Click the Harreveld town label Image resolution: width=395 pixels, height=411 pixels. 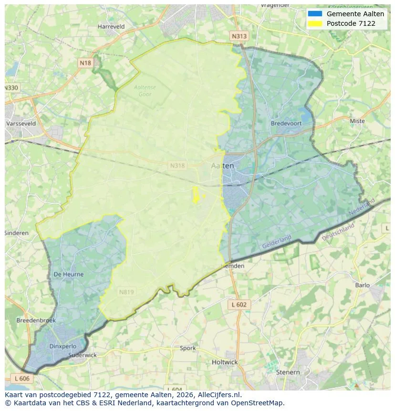(x=111, y=27)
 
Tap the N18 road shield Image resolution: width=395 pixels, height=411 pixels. (x=85, y=63)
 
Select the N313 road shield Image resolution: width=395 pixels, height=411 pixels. (x=239, y=36)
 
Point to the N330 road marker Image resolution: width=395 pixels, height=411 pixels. (x=11, y=88)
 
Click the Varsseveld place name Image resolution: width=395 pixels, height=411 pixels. (x=21, y=123)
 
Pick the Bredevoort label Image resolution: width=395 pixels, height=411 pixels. (x=286, y=123)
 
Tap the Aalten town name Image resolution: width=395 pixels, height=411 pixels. (x=222, y=166)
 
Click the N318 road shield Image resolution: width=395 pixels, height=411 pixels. (x=177, y=166)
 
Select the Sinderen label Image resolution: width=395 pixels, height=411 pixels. (x=17, y=233)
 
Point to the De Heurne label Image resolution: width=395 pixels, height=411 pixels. (x=69, y=274)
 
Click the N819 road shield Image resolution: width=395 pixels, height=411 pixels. (x=126, y=292)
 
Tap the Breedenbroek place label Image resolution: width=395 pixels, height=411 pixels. (x=36, y=320)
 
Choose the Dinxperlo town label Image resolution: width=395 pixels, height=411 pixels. (x=62, y=347)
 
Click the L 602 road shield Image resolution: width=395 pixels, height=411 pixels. (x=239, y=305)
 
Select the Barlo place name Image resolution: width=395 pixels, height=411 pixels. (x=363, y=285)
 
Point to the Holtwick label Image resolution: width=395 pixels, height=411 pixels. (x=225, y=362)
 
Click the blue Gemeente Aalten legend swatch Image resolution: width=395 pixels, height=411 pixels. (x=315, y=14)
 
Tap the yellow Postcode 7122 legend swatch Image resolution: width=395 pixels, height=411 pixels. (x=315, y=23)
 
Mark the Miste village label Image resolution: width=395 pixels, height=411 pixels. (x=357, y=121)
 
